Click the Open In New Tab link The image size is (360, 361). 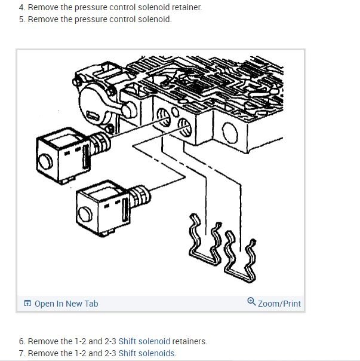pos(66,304)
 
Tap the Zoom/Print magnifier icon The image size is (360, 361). pos(251,302)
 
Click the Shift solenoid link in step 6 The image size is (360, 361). pos(144,341)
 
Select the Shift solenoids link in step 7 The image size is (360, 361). pos(146,353)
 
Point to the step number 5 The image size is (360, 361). pos(21,19)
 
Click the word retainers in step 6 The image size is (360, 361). pos(189,341)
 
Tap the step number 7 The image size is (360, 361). pos(21,353)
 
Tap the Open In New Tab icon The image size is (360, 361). pos(27,304)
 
